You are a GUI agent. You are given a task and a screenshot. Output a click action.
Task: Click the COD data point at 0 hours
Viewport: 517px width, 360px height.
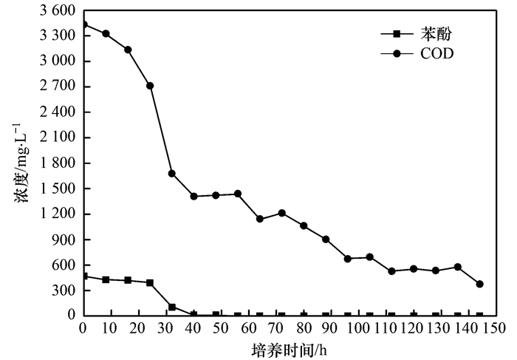pyautogui.click(x=83, y=24)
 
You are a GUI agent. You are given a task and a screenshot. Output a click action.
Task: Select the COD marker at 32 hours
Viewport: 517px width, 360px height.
pyautogui.click(x=172, y=173)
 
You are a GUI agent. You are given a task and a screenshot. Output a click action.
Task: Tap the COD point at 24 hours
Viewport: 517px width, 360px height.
pyautogui.click(x=150, y=86)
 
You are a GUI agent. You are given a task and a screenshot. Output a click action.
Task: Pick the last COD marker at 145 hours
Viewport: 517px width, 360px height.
pyautogui.click(x=479, y=284)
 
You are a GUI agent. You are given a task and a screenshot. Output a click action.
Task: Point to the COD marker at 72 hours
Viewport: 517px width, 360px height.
pyautogui.click(x=281, y=213)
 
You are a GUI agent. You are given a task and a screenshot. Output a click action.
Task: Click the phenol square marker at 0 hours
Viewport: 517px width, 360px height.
pyautogui.click(x=83, y=276)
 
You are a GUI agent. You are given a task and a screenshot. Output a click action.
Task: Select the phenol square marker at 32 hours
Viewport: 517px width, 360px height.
pyautogui.click(x=172, y=307)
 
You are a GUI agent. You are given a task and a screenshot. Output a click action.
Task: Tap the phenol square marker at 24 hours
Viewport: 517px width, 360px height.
pyautogui.click(x=150, y=282)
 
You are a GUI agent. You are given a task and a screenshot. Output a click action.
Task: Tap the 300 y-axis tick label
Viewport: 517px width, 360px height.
pyautogui.click(x=64, y=291)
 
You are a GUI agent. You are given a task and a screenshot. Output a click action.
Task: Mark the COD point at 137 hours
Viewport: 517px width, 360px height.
pyautogui.click(x=457, y=267)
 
